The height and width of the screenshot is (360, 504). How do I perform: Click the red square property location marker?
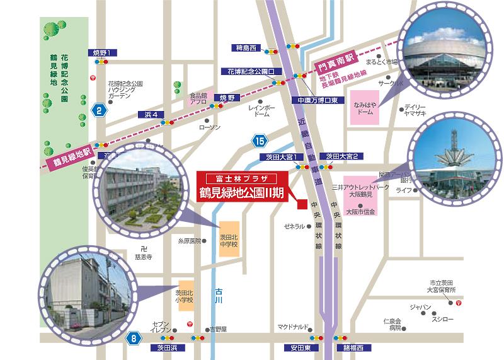[x=302, y=204]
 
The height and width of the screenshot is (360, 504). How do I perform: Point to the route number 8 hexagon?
[x=134, y=339]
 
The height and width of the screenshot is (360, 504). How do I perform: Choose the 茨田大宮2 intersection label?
[x=342, y=156]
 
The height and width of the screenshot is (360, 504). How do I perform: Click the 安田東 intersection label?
[x=294, y=348]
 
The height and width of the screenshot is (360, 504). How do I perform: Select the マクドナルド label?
[x=293, y=327]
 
